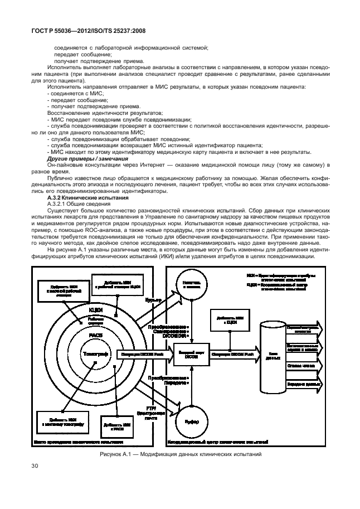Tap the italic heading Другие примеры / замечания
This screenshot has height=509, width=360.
click(82, 158)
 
